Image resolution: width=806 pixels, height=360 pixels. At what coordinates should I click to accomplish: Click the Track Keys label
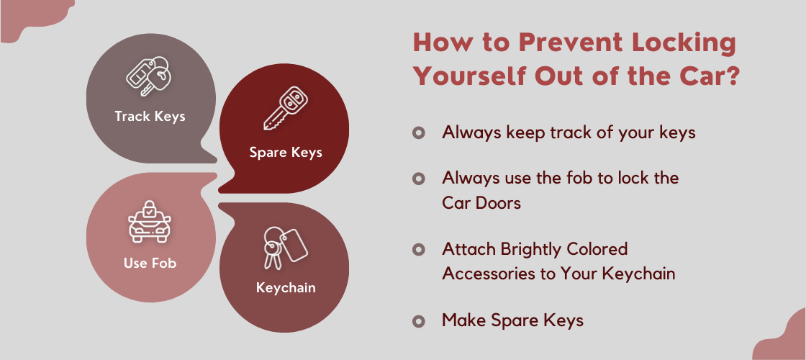[150, 116]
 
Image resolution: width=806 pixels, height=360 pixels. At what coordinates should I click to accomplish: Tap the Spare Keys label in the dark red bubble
[286, 152]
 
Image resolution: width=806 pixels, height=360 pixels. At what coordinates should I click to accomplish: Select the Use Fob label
[150, 263]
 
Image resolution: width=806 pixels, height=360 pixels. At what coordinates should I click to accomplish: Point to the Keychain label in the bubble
[286, 288]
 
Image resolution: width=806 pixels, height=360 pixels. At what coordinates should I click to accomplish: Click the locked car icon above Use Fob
[149, 221]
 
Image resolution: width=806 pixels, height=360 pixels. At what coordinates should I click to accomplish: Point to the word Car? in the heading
[707, 75]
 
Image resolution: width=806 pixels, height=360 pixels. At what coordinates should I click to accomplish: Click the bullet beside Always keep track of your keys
[419, 133]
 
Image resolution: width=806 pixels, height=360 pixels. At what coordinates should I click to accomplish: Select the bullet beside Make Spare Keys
[419, 321]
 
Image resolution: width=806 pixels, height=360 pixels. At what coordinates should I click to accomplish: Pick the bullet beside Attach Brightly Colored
[419, 249]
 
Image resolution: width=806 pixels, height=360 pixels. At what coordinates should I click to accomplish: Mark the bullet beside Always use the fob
[419, 178]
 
